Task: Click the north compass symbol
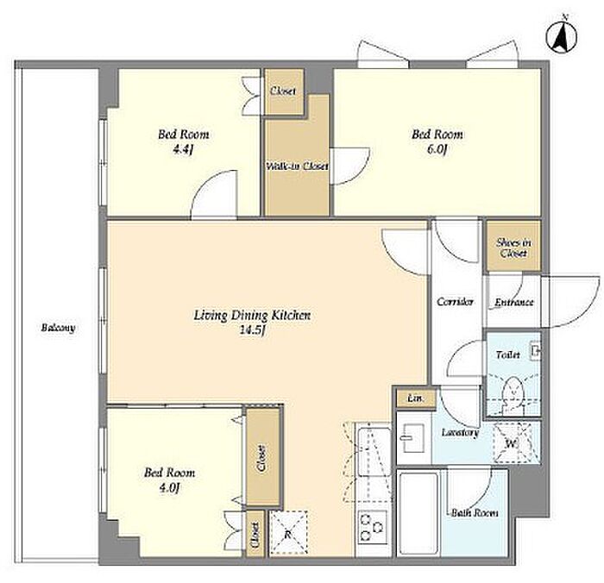562,38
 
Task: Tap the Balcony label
58,328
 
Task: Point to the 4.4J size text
183,149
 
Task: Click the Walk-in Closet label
297,166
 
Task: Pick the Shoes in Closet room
513,246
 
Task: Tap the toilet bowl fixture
513,392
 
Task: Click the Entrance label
513,303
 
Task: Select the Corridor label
455,301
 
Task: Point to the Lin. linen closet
416,399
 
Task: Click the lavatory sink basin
412,438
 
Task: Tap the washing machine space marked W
513,442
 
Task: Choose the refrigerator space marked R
288,534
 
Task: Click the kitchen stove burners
373,527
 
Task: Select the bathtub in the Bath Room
418,512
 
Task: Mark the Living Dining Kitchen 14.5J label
252,323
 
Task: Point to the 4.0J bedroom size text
169,488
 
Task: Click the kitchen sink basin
374,451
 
